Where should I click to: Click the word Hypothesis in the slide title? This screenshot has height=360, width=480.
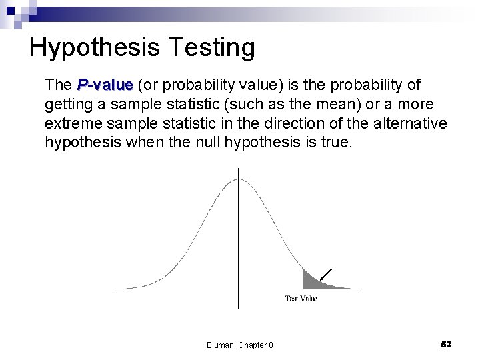(x=94, y=48)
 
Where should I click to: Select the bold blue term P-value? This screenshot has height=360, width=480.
(x=105, y=85)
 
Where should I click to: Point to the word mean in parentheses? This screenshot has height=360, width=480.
(x=323, y=105)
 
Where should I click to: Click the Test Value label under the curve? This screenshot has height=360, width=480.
(x=301, y=299)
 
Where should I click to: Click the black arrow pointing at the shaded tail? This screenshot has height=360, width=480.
(x=326, y=273)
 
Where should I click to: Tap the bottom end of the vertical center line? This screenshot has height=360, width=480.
(x=239, y=307)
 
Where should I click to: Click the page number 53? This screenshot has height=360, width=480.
(x=446, y=344)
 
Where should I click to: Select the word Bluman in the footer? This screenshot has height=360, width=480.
(x=219, y=345)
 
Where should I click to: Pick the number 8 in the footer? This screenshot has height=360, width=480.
(x=270, y=345)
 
